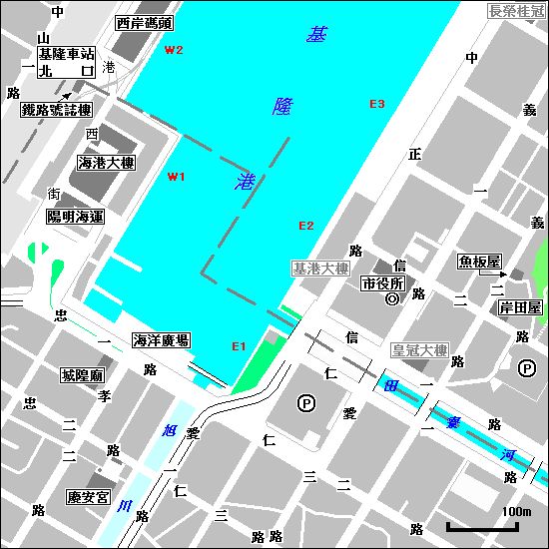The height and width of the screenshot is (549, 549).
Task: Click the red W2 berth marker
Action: point(175,50)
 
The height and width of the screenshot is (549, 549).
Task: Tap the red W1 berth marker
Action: point(177,177)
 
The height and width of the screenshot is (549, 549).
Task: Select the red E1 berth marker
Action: point(239,346)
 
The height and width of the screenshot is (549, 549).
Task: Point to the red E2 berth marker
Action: point(306,226)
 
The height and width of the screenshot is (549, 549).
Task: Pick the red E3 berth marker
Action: point(377,104)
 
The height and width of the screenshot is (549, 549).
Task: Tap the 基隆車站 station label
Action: point(66,53)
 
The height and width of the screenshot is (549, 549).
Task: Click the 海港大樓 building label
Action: point(107,163)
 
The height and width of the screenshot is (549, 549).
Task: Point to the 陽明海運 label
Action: point(76,216)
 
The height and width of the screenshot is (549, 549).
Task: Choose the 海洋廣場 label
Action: point(161,341)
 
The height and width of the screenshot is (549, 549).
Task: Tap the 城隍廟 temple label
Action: point(82,375)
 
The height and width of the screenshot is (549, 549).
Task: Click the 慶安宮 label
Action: point(88,496)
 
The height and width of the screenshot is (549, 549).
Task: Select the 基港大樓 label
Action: point(320,269)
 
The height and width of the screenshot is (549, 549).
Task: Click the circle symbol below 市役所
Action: point(392,298)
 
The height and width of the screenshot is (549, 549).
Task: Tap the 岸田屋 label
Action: point(520,306)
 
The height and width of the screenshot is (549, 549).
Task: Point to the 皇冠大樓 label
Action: point(419,351)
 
